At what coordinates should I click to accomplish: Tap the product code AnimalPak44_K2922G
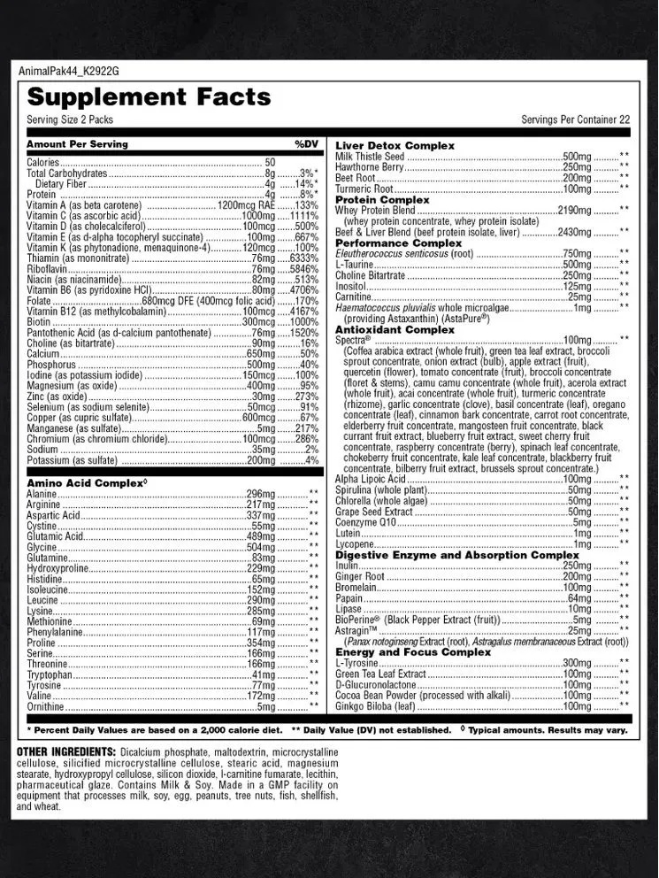[68, 71]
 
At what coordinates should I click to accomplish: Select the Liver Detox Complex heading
[395, 145]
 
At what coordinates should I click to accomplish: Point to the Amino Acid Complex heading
[86, 482]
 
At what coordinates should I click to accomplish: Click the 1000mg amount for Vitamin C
[258, 215]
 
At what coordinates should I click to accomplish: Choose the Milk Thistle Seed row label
[370, 157]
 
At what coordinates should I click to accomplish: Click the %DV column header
[306, 143]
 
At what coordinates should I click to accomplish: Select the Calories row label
[42, 163]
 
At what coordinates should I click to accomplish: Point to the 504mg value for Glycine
[261, 547]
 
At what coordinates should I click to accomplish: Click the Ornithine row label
[45, 706]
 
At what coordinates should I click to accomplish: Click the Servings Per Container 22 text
[575, 119]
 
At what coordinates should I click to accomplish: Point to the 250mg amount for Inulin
[577, 566]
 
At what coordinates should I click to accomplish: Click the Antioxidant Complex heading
[395, 329]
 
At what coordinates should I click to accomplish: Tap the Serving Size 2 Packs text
[70, 119]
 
